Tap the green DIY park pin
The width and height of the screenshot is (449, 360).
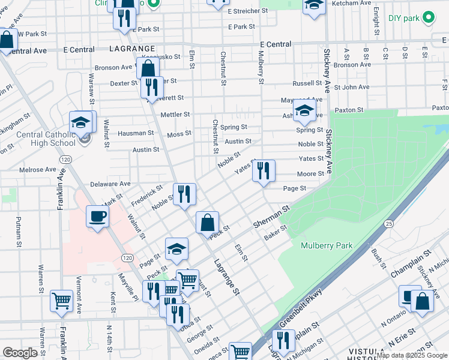(429, 18)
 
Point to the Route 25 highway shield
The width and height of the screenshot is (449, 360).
(389, 223)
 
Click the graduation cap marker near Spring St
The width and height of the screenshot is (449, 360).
(305, 110)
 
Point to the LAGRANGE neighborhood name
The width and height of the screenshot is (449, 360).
(133, 47)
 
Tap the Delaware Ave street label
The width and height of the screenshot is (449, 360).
(110, 184)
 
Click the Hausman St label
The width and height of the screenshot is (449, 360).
(136, 133)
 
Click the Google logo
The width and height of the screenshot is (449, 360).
(20, 353)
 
